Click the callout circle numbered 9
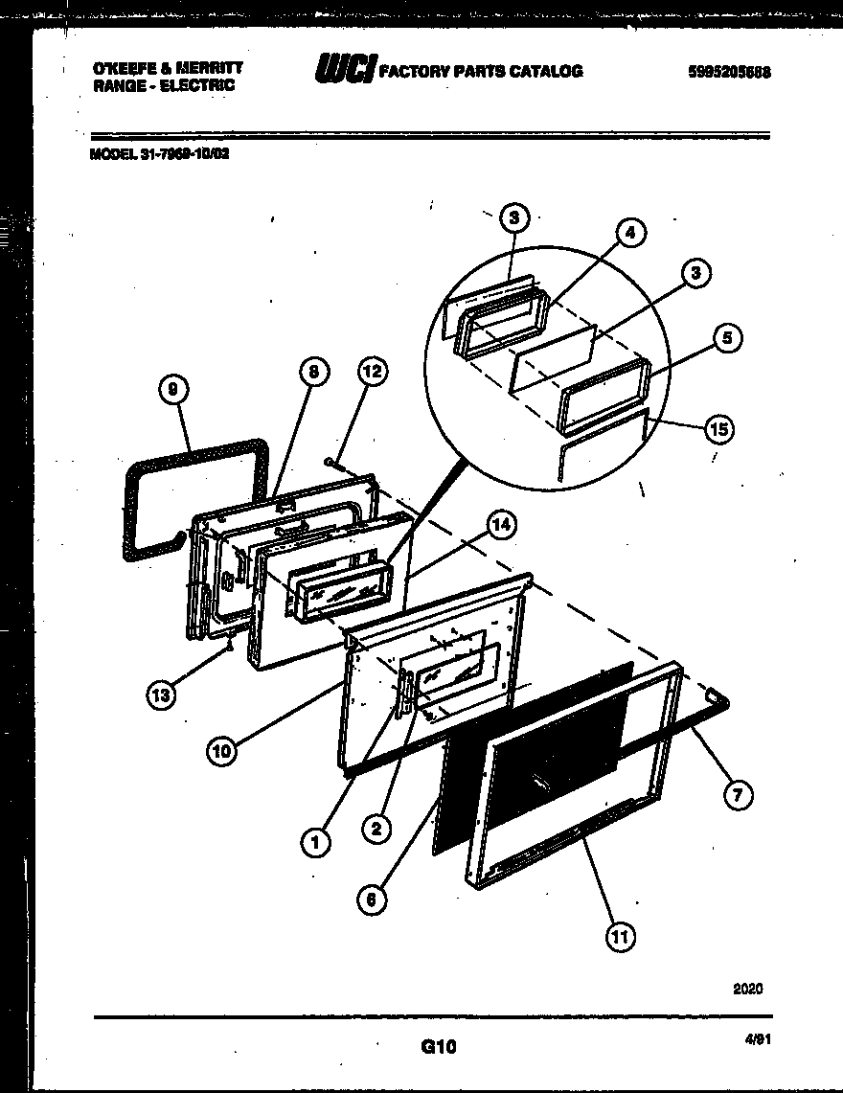(x=171, y=389)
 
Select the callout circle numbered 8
(x=313, y=372)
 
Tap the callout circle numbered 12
(x=374, y=372)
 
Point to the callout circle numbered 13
(x=162, y=695)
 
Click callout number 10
(x=222, y=751)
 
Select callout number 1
(x=314, y=842)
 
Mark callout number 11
(x=620, y=937)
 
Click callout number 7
(x=738, y=794)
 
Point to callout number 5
(x=728, y=337)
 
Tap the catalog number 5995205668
(x=729, y=73)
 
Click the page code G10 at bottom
(x=439, y=1048)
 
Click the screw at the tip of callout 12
(x=330, y=462)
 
